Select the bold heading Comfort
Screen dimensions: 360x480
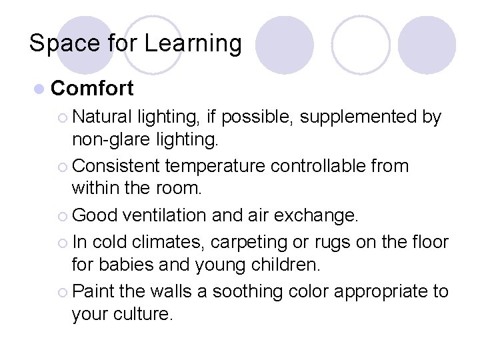coord(92,88)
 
